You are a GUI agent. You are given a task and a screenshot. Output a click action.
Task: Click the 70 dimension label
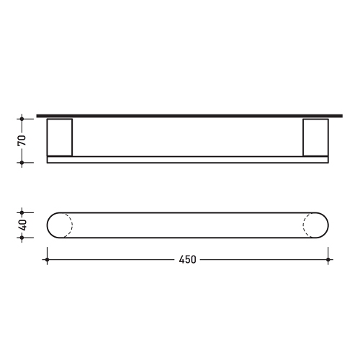tap(22, 139)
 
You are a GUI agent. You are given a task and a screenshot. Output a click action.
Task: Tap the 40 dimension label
tap(22, 225)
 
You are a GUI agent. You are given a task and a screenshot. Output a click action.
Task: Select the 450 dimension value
tap(188, 259)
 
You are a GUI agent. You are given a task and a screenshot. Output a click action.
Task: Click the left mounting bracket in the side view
tap(59, 137)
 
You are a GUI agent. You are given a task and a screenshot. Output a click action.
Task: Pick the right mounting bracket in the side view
tap(315, 137)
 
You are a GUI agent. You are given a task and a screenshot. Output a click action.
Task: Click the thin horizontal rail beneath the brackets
tap(187, 160)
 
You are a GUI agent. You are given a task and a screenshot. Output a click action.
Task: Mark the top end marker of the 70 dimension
tap(22, 116)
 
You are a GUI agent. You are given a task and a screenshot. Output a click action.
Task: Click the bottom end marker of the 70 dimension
tap(22, 163)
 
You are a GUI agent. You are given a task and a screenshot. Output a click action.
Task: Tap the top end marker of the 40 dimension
tap(22, 212)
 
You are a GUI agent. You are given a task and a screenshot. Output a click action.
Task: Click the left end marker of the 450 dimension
tap(47, 259)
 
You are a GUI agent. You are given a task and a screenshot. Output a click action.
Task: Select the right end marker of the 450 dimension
tap(328, 259)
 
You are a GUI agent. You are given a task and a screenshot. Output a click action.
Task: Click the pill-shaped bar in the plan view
tap(187, 225)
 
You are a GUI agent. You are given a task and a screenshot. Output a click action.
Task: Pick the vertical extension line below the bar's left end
tap(47, 248)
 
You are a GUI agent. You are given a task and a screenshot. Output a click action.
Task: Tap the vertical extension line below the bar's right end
tap(328, 248)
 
